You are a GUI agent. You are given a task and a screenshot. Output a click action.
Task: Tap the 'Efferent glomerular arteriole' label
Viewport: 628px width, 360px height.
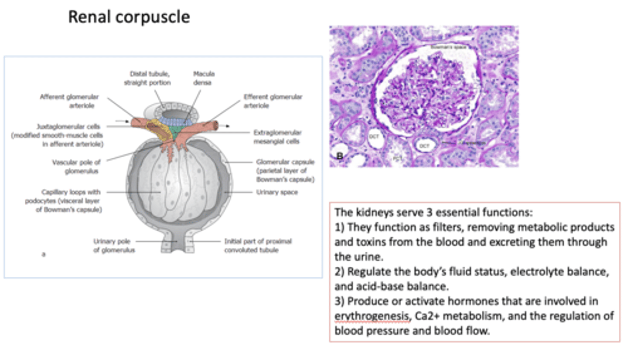[x=273, y=100]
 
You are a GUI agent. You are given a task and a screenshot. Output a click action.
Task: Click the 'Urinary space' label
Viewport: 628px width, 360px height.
[x=277, y=192]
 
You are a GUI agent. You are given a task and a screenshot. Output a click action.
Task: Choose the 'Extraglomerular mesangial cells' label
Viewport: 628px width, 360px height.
[x=277, y=136]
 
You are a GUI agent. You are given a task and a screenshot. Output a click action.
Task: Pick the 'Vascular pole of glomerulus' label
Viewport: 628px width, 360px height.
[x=76, y=166]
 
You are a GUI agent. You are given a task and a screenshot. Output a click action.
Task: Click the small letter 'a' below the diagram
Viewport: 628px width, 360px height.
[x=43, y=254]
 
